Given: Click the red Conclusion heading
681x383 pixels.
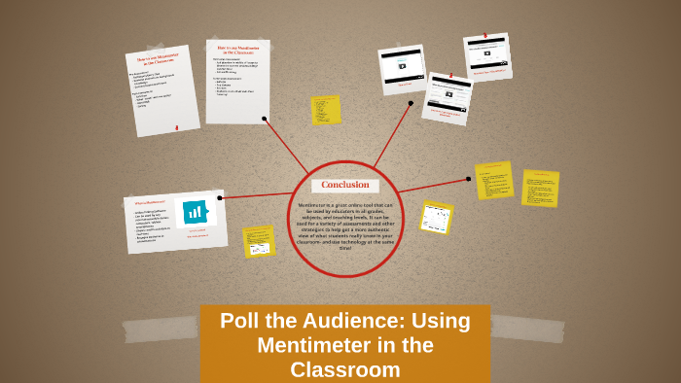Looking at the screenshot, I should pos(345,185).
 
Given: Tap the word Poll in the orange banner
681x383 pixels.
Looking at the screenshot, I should pos(241,321).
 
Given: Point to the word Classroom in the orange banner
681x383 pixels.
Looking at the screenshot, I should pos(344,369).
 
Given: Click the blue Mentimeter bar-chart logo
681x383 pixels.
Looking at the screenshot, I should pos(196,211).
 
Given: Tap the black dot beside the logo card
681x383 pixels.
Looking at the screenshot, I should pos(220,198).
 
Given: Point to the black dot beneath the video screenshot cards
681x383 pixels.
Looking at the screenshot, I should pos(411,102).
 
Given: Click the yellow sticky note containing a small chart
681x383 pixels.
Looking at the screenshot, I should pos(436,217).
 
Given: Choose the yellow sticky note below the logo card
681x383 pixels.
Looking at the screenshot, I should pos(259,241).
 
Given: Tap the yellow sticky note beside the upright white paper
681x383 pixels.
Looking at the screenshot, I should pos(325,110).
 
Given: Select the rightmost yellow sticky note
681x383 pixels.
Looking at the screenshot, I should pos(540,188).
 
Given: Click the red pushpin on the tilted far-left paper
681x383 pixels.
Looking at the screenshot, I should pos(176,126).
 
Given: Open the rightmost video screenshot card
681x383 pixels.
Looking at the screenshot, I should pos(486,55).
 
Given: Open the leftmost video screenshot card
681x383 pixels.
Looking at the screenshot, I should pos(400,68).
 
